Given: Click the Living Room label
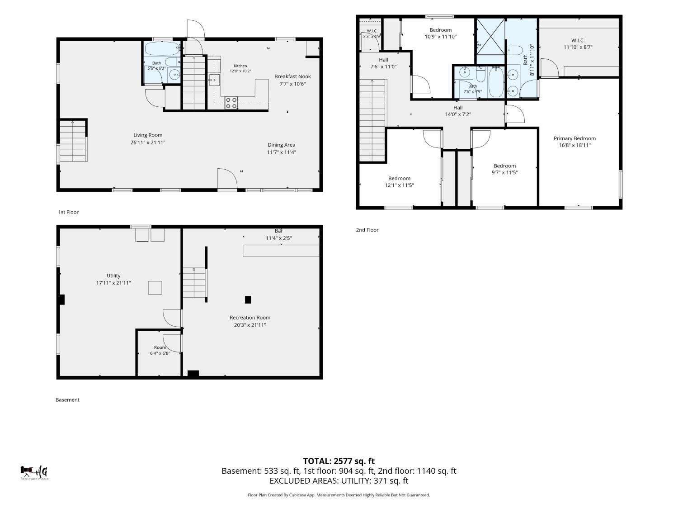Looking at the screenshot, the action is pyautogui.click(x=148, y=135).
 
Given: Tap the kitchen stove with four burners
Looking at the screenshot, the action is pyautogui.click(x=231, y=103).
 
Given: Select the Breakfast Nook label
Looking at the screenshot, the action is pyautogui.click(x=292, y=76).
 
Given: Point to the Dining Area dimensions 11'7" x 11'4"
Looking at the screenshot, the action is pyautogui.click(x=282, y=152).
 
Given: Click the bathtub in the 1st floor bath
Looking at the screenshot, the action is pyautogui.click(x=162, y=48).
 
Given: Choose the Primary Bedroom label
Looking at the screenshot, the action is pyautogui.click(x=574, y=138).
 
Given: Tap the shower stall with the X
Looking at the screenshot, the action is pyautogui.click(x=490, y=37).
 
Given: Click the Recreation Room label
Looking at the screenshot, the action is pyautogui.click(x=250, y=318).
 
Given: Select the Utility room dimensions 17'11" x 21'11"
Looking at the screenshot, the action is pyautogui.click(x=113, y=283).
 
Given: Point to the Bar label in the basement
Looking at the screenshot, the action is pyautogui.click(x=278, y=231).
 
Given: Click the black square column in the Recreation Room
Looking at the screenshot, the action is pyautogui.click(x=248, y=300).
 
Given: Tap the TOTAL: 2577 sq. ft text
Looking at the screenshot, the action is pyautogui.click(x=339, y=461).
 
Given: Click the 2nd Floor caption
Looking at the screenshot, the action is pyautogui.click(x=367, y=230).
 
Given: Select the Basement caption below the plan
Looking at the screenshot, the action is pyautogui.click(x=67, y=400).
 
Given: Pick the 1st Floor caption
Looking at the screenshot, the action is pyautogui.click(x=68, y=212).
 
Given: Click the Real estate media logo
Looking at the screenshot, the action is pyautogui.click(x=34, y=473).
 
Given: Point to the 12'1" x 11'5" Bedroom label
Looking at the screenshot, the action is pyautogui.click(x=399, y=182).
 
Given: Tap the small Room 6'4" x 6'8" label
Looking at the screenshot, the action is pyautogui.click(x=160, y=350).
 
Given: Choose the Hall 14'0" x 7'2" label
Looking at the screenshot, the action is pyautogui.click(x=458, y=111).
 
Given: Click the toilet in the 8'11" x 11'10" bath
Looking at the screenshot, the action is pyautogui.click(x=514, y=49).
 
